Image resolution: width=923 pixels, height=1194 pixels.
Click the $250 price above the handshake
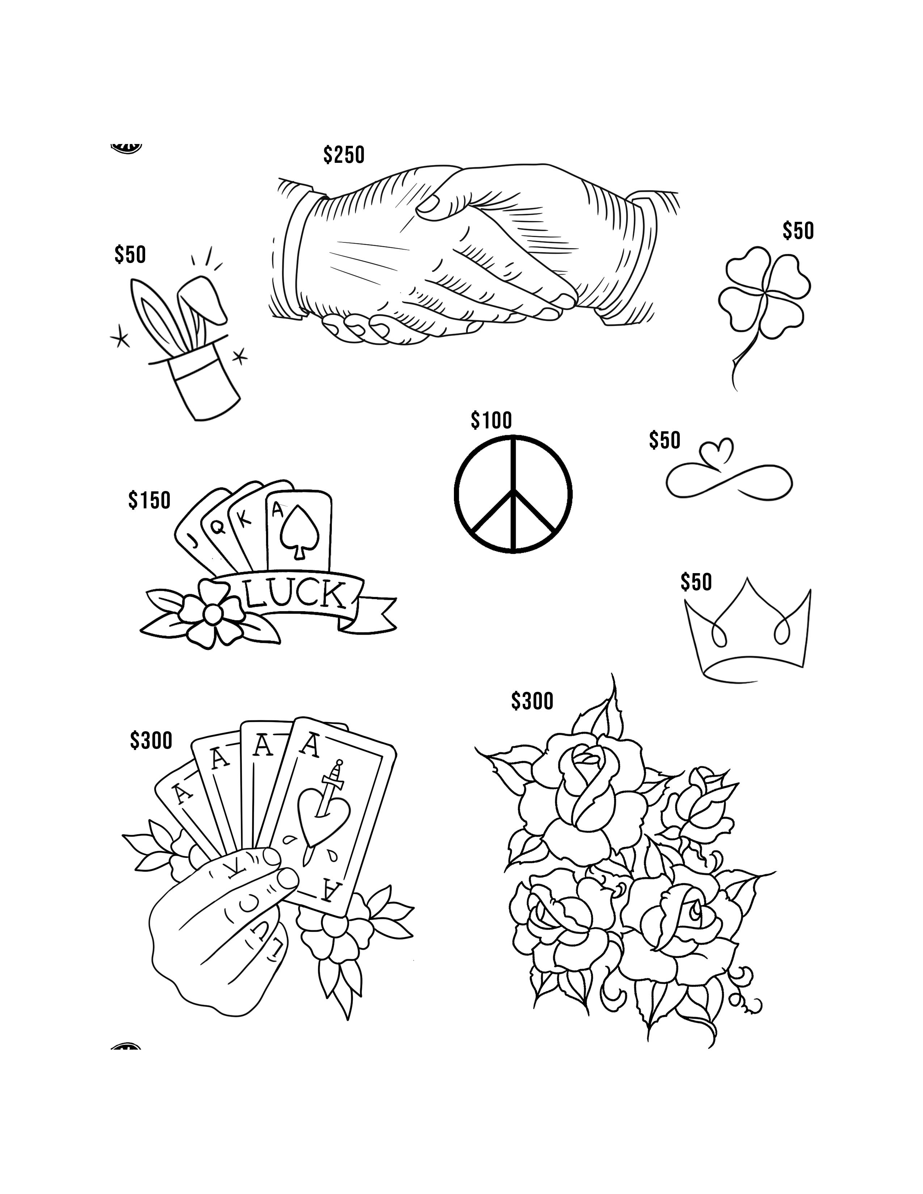[x=344, y=155]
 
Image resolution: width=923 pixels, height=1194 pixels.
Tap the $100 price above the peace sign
[x=491, y=420]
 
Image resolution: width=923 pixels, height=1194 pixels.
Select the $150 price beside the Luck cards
[x=149, y=500]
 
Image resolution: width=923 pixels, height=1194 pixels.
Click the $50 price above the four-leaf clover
[x=798, y=231]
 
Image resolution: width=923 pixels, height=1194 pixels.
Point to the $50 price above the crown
[x=696, y=582]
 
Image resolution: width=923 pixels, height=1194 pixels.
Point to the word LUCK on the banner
[x=296, y=595]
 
